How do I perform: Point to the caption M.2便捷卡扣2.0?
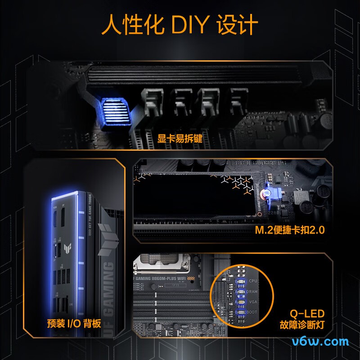coord(290,230)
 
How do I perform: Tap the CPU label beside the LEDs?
coord(254,281)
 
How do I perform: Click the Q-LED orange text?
coord(308,313)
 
